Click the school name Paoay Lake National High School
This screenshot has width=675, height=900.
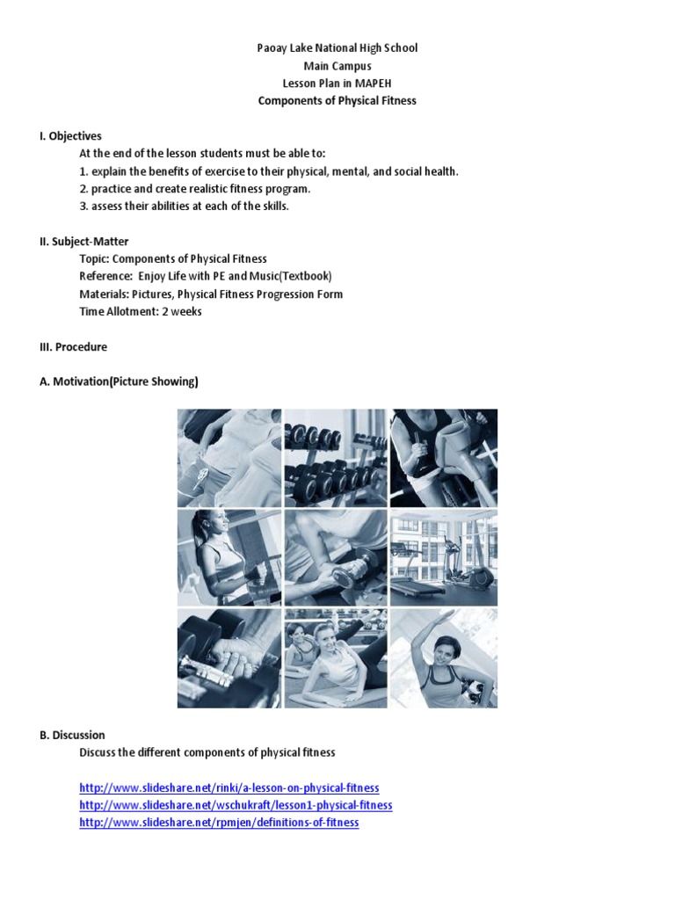pyautogui.click(x=337, y=48)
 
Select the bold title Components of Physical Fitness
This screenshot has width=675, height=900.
pyautogui.click(x=337, y=101)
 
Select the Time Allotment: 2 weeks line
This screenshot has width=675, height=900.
pyautogui.click(x=141, y=312)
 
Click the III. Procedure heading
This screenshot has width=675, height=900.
pyautogui.click(x=73, y=347)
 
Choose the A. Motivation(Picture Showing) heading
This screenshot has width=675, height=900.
pyautogui.click(x=119, y=382)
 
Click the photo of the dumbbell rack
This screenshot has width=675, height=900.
pyautogui.click(x=336, y=458)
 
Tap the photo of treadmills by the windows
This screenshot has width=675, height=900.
pyautogui.click(x=444, y=558)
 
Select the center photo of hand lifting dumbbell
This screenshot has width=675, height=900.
pyautogui.click(x=336, y=558)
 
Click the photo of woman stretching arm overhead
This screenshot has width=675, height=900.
pyautogui.click(x=444, y=658)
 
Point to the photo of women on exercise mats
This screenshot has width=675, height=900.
pyautogui.click(x=336, y=658)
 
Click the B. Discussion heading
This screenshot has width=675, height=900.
pyautogui.click(x=72, y=735)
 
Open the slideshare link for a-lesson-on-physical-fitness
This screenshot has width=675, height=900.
pyautogui.click(x=229, y=788)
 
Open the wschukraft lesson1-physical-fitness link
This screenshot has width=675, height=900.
pyautogui.click(x=236, y=805)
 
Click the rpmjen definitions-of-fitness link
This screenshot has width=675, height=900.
pyautogui.click(x=219, y=823)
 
